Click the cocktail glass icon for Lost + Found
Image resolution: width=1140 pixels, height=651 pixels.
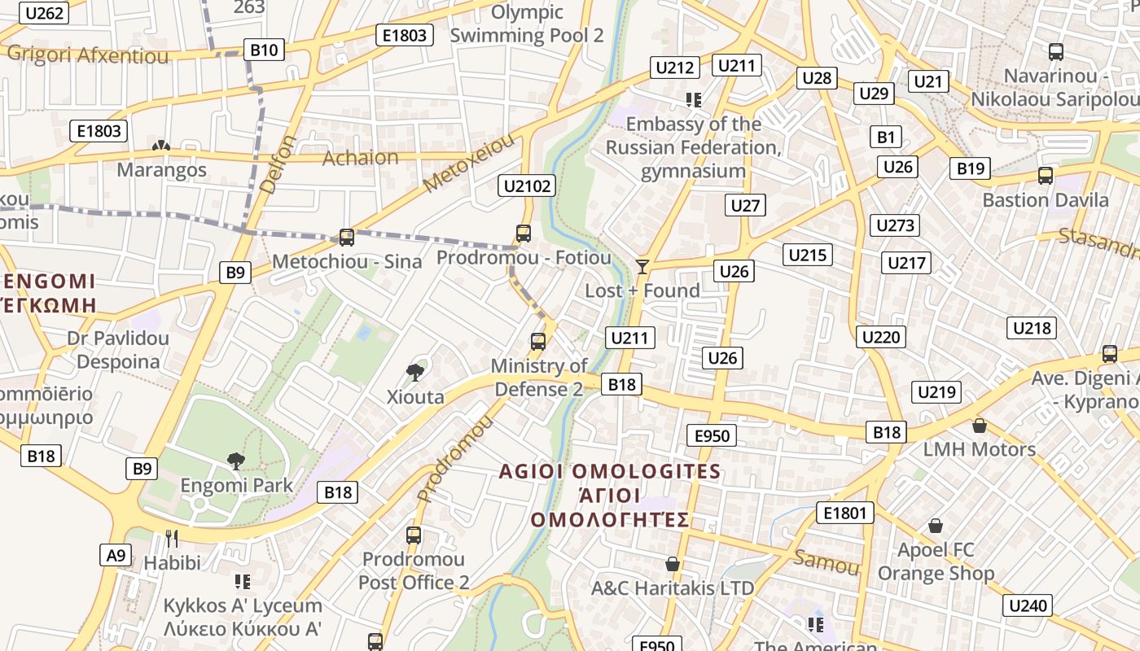click(x=642, y=266)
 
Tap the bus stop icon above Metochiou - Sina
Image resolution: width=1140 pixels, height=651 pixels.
click(x=347, y=238)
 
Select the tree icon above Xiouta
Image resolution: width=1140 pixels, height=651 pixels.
click(x=415, y=373)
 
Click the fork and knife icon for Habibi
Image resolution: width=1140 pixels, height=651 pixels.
click(x=172, y=539)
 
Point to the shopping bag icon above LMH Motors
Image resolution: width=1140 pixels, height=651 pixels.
click(x=980, y=426)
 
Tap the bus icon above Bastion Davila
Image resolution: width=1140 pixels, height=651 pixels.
click(x=1046, y=176)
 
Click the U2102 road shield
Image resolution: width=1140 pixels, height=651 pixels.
click(x=528, y=186)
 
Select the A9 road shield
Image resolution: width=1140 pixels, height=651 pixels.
click(x=116, y=555)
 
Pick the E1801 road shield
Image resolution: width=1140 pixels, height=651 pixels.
click(x=845, y=513)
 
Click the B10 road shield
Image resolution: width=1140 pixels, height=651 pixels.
click(x=264, y=50)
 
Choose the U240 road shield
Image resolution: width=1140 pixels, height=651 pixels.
click(x=1028, y=605)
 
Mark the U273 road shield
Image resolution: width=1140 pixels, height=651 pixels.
click(x=895, y=225)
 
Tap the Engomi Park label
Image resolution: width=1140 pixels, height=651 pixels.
click(x=236, y=486)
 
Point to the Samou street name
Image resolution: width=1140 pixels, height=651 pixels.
click(x=826, y=561)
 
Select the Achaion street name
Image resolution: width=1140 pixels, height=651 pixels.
click(x=361, y=157)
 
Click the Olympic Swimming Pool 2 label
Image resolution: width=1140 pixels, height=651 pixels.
click(x=527, y=24)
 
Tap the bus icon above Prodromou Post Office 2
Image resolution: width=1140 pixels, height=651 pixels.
click(x=414, y=535)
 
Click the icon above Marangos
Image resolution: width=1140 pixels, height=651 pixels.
click(x=161, y=146)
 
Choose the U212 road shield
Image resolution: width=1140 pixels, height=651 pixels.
click(x=674, y=68)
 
